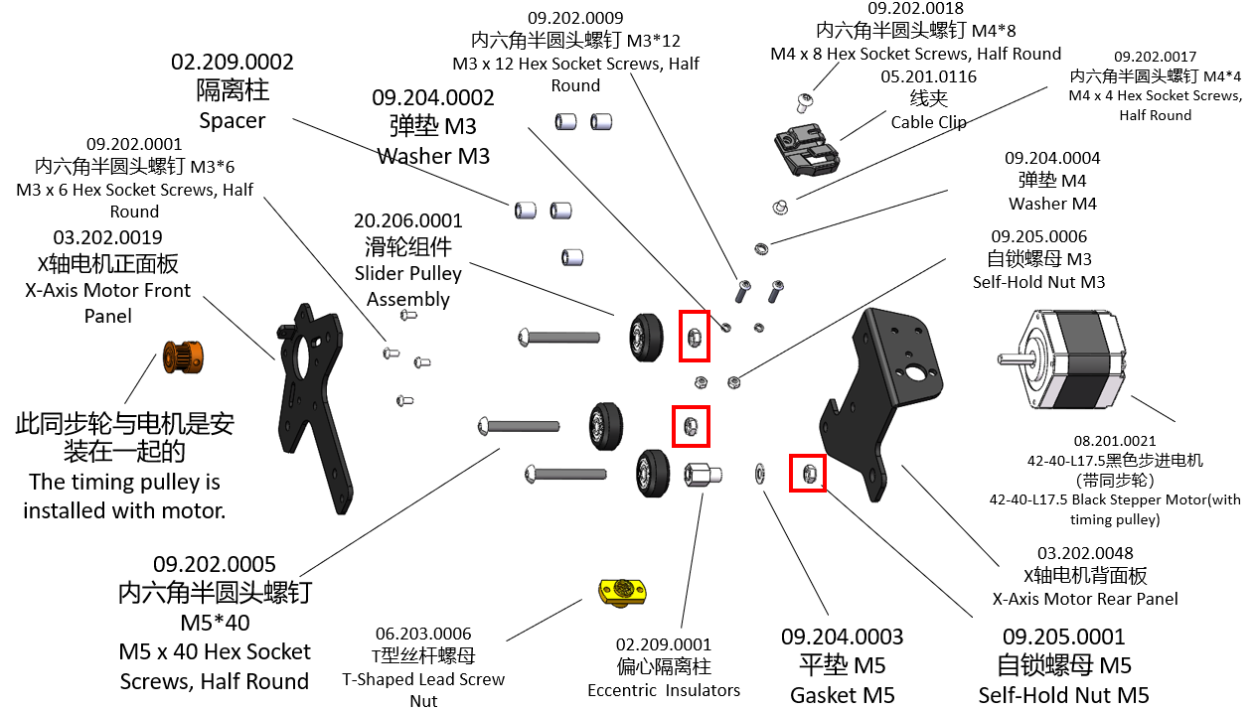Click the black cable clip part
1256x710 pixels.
[x=806, y=150]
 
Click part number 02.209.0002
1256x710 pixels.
[x=233, y=62]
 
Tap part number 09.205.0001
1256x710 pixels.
[x=1063, y=637]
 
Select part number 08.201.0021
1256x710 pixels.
[x=1114, y=440]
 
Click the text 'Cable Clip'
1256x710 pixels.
[x=928, y=122]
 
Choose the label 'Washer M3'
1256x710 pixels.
[x=432, y=156]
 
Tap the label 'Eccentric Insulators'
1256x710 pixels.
[x=664, y=690]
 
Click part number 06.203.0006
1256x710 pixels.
[x=423, y=634]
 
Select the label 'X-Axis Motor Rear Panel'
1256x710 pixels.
[x=1085, y=599]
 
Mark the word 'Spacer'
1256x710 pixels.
[x=233, y=121]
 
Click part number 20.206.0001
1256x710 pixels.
[x=407, y=220]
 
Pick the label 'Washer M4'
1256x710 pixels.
[x=1052, y=204]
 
